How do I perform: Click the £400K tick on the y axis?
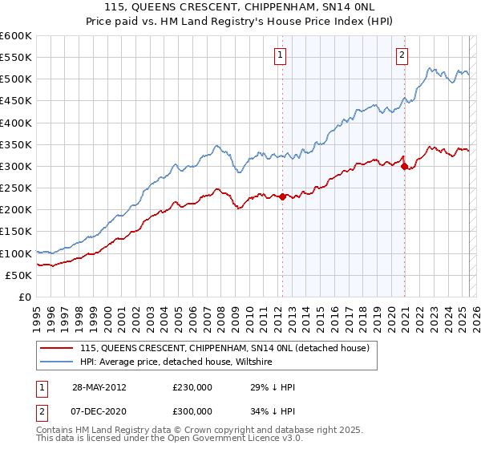coord(15,123)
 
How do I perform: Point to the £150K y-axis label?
coord(15,232)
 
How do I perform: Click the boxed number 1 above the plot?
coord(281,55)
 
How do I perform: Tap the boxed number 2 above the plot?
coord(401,55)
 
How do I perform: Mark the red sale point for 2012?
coord(282,196)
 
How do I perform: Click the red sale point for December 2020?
coord(404,167)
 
